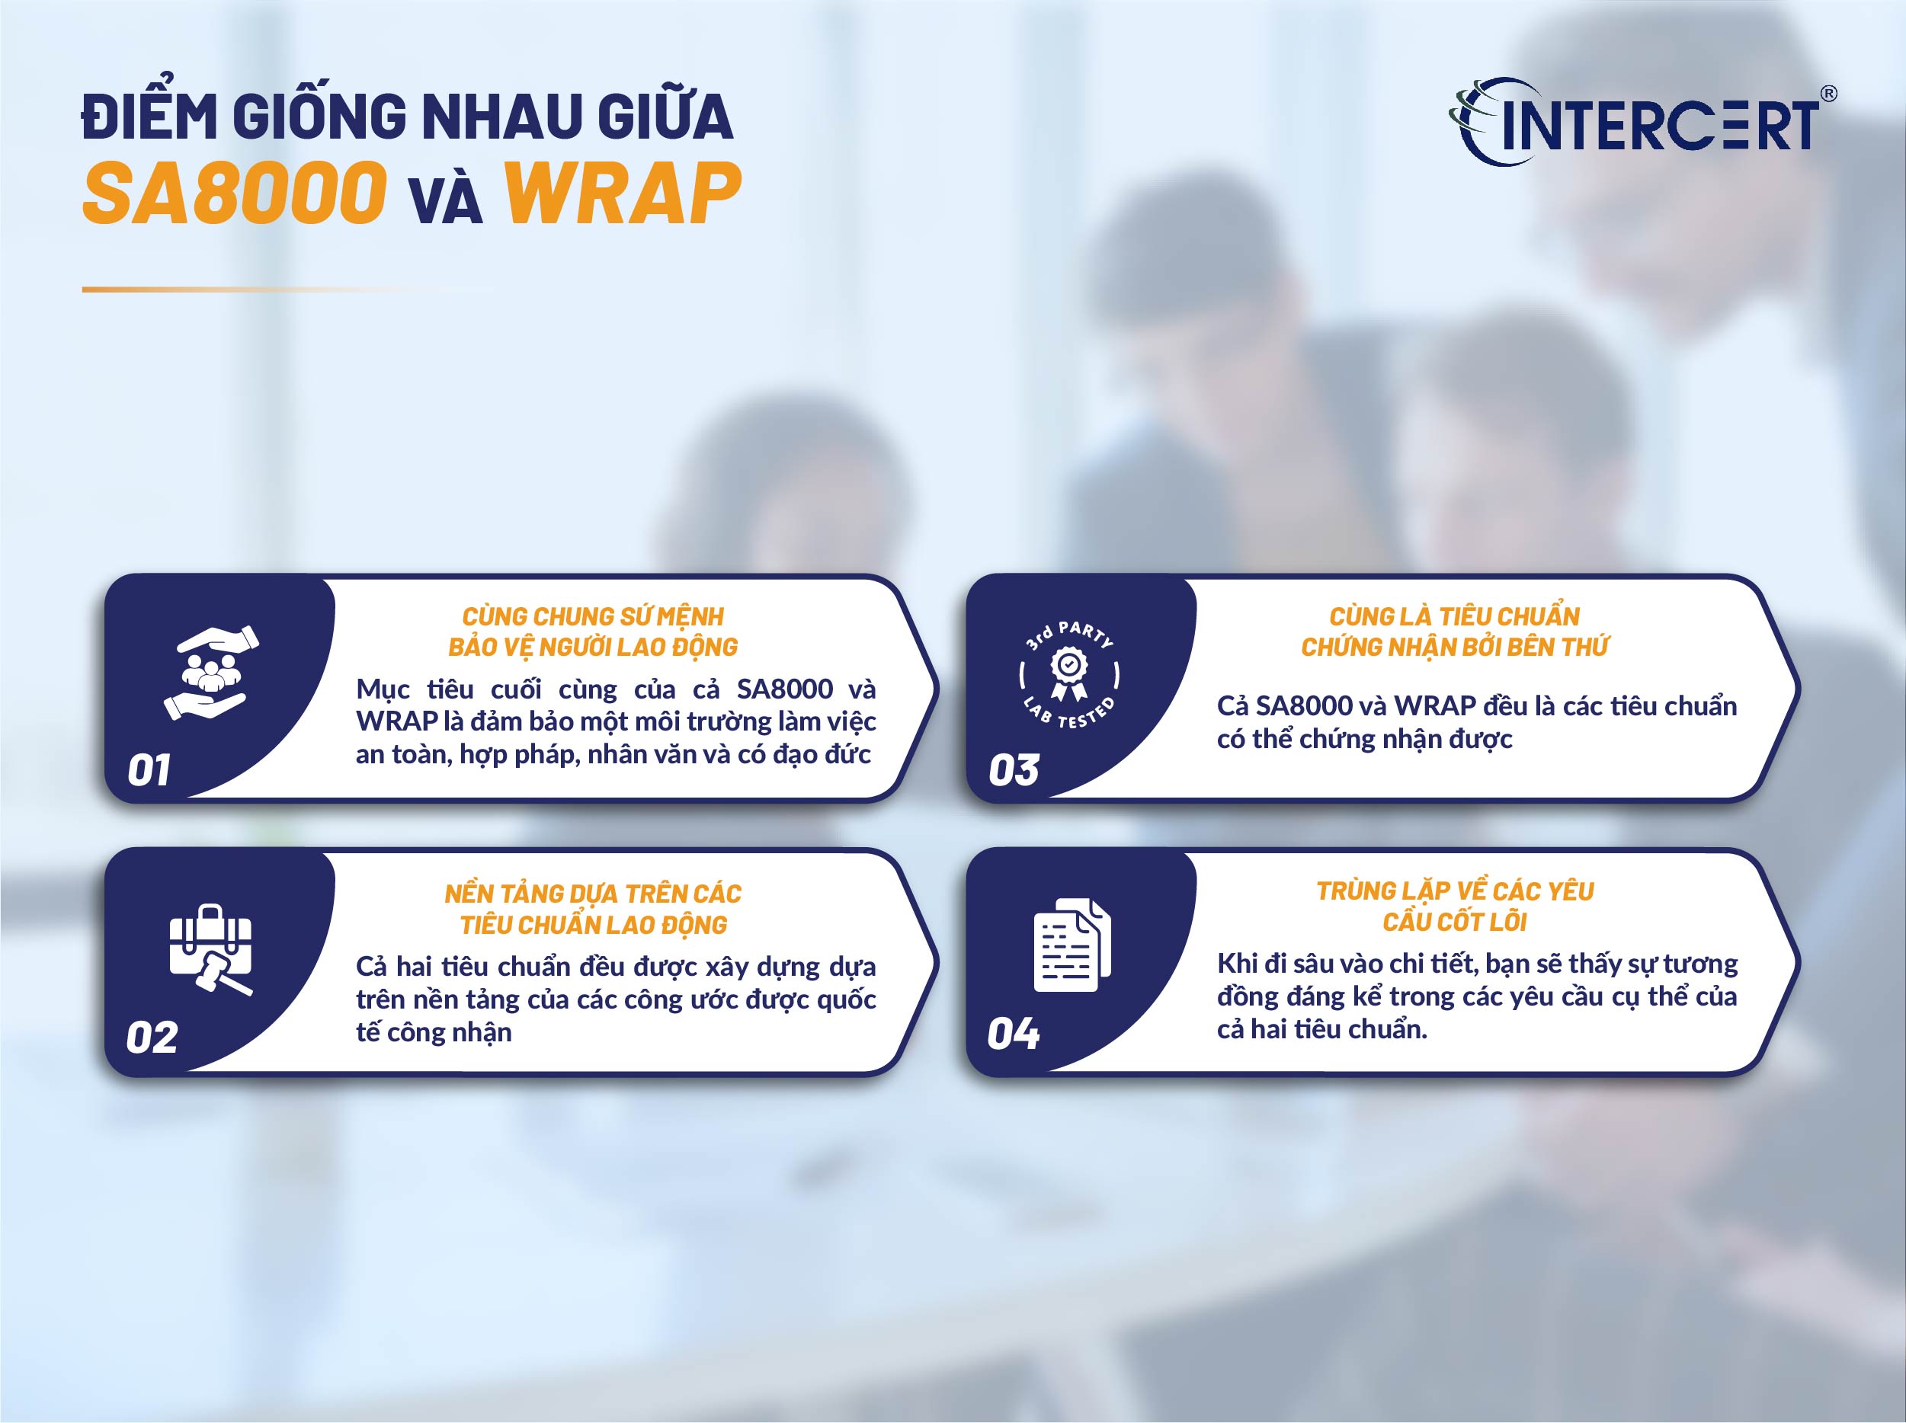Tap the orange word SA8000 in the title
pos(235,193)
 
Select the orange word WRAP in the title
pos(621,193)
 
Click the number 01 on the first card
pos(149,769)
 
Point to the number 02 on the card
pos(152,1036)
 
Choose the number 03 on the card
pos(1014,769)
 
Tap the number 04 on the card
pos(1014,1033)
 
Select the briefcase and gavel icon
pos(210,948)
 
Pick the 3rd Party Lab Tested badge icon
pos(1069,673)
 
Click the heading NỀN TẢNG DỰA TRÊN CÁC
pos(593,894)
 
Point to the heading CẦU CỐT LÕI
pos(1455,922)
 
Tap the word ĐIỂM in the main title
pos(148,117)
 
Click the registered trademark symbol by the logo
pos(1827,94)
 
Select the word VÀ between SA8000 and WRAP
pos(446,200)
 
